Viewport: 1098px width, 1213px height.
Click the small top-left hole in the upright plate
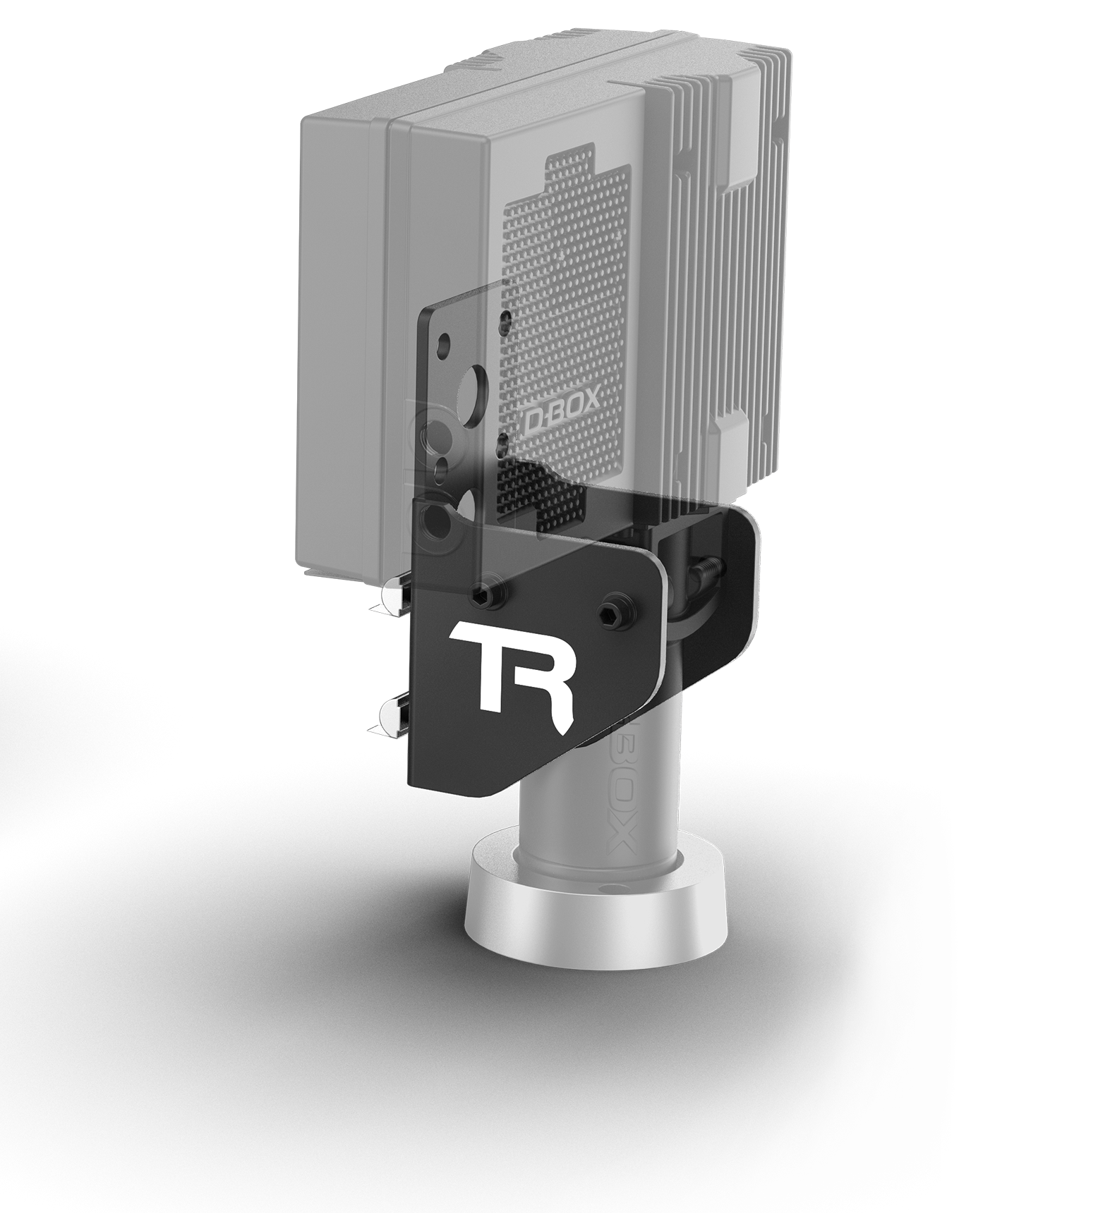coord(443,344)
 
